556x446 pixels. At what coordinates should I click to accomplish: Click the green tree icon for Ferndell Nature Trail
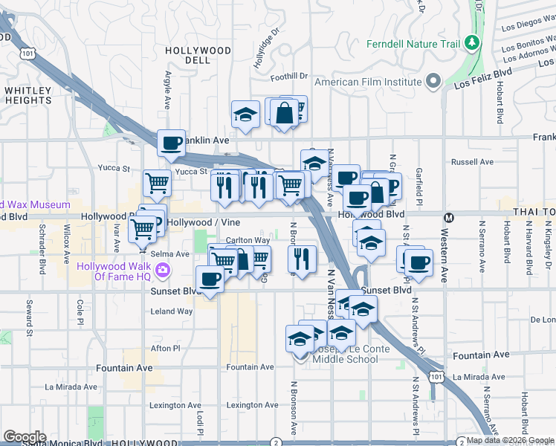[x=471, y=44]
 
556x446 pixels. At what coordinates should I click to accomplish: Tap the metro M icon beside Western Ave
[x=448, y=218]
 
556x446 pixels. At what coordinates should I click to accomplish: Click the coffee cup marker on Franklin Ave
[x=171, y=142]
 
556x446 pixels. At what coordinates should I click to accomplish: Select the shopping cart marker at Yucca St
[x=157, y=182]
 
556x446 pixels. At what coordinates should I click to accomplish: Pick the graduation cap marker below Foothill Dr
[x=245, y=114]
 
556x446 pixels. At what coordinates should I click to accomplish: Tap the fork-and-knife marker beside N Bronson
[x=301, y=258]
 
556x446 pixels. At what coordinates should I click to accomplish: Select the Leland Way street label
[x=172, y=311]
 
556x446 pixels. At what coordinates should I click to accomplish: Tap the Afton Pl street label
[x=166, y=348]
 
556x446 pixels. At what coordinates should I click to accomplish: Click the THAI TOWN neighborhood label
[x=533, y=213]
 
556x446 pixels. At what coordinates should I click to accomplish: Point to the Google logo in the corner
[x=25, y=437]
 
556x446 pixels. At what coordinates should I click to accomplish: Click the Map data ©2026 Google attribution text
[x=509, y=441]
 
